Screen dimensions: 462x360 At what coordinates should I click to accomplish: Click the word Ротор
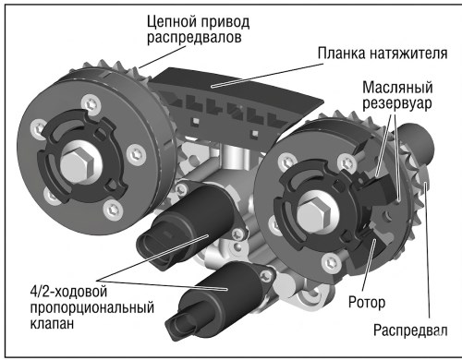tap(367, 302)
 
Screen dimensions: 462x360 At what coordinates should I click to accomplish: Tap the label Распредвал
tap(410, 330)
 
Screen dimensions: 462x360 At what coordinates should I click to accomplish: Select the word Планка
tap(341, 53)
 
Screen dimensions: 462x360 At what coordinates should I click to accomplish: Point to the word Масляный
tap(397, 88)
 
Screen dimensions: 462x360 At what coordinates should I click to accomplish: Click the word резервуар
tap(396, 103)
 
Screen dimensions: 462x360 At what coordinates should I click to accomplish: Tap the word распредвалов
tap(194, 38)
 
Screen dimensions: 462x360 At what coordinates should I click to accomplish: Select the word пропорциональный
tap(92, 308)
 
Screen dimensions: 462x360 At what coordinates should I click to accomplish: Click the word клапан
tap(52, 323)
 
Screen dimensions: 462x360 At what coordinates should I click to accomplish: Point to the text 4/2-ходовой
tap(68, 292)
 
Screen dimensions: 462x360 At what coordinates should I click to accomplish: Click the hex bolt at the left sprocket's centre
tap(77, 165)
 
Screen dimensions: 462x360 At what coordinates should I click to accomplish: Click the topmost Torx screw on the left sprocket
tap(90, 103)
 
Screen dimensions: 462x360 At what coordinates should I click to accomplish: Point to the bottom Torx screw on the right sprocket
tap(332, 262)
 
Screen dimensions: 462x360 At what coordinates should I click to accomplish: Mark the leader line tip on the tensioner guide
tap(213, 87)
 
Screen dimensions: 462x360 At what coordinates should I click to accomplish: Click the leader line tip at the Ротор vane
tap(374, 239)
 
